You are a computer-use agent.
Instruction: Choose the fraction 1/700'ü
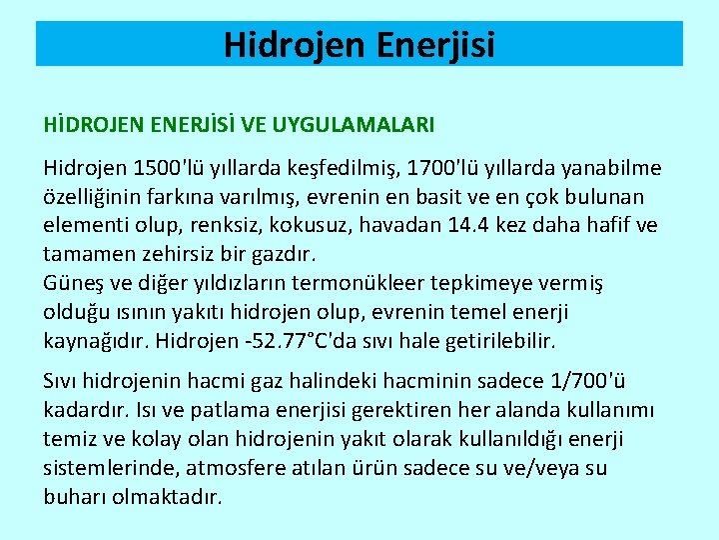[x=591, y=382]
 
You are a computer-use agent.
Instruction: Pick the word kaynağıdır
[x=96, y=341]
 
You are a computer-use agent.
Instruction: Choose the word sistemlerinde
[x=107, y=467]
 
